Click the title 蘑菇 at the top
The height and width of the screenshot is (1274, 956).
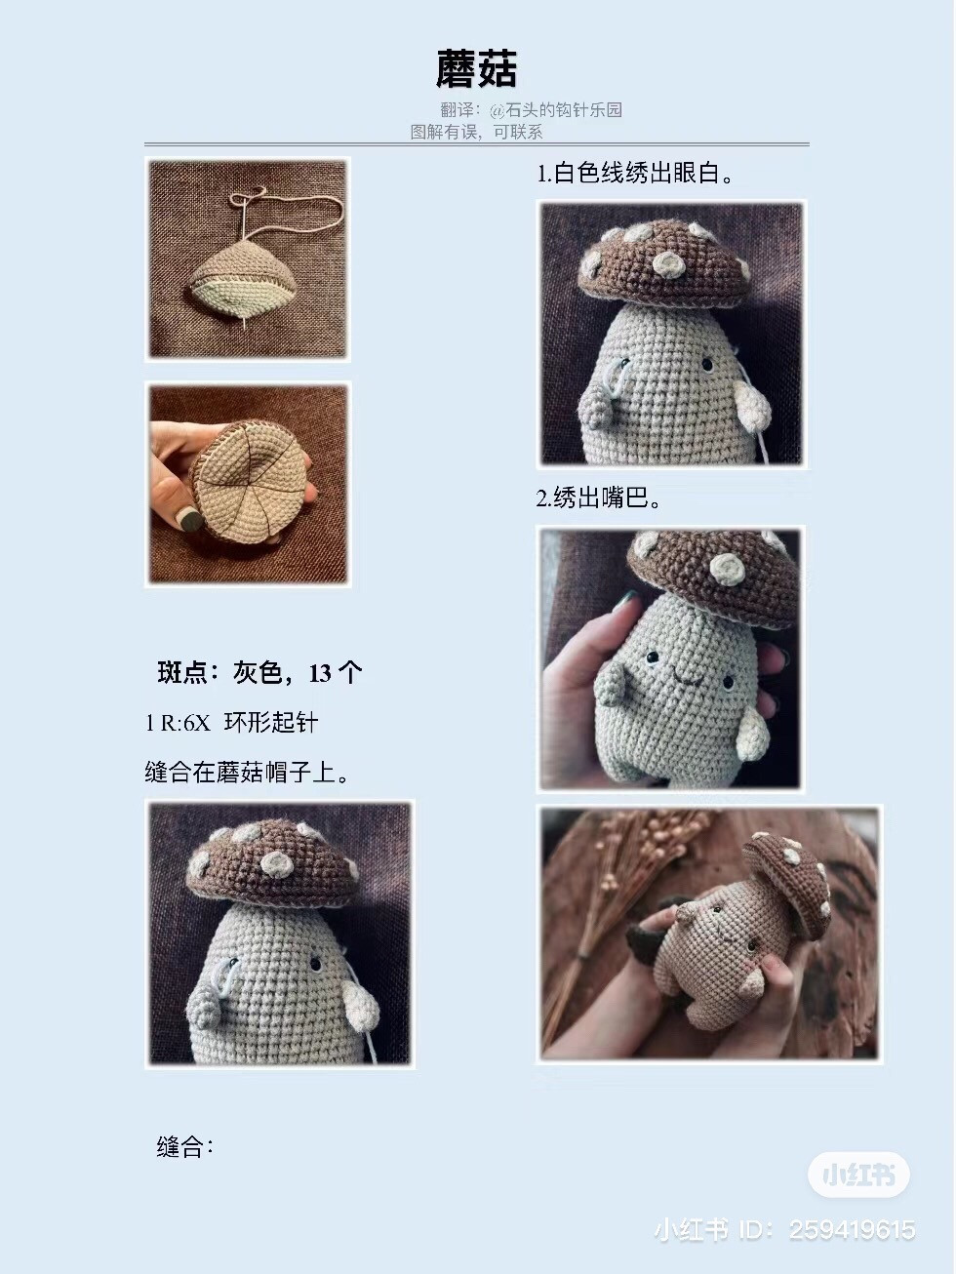[x=476, y=69]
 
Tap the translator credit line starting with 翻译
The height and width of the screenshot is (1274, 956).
[x=531, y=110]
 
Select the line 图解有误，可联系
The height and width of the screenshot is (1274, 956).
[x=476, y=132]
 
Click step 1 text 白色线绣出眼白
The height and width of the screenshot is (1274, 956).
[x=635, y=174]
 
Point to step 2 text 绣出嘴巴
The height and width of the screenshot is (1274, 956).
[x=599, y=498]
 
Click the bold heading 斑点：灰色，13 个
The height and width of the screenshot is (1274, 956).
[x=259, y=672]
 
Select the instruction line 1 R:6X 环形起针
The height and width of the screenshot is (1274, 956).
[x=232, y=723]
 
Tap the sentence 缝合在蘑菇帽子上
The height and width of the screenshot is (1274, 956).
[x=248, y=773]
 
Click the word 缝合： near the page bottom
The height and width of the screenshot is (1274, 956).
[x=185, y=1147]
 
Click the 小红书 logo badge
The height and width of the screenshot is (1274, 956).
[x=858, y=1174]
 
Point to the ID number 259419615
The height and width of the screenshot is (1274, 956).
[x=852, y=1230]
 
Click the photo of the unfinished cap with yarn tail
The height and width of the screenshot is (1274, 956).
[x=248, y=259]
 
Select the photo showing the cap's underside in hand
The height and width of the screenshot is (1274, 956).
[x=249, y=484]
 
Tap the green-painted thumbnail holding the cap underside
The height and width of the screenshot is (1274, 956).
[x=189, y=519]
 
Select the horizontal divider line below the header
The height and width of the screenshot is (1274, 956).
[x=478, y=144]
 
